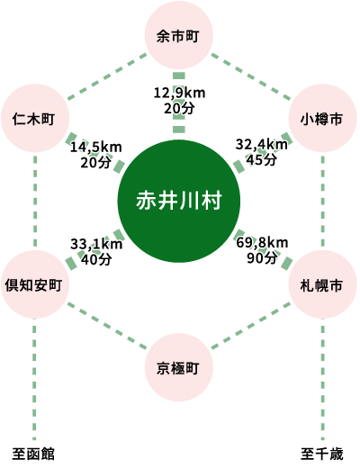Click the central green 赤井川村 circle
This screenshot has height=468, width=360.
(x=179, y=201)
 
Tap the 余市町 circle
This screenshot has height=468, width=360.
(x=179, y=35)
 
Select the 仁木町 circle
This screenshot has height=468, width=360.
(x=35, y=118)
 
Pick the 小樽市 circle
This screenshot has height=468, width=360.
(x=322, y=118)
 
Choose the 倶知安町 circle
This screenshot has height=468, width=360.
(x=35, y=284)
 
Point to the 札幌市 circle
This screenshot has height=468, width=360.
(x=322, y=284)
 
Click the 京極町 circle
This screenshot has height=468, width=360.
(x=179, y=367)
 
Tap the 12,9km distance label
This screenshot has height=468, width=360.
(x=179, y=93)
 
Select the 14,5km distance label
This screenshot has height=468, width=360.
(x=96, y=148)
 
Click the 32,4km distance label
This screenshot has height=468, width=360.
(x=262, y=145)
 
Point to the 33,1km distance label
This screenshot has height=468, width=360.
(x=96, y=244)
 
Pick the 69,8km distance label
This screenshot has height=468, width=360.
(x=262, y=242)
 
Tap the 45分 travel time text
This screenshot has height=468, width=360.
(x=262, y=160)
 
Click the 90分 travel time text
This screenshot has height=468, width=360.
(x=262, y=258)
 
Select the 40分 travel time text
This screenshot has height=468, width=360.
(x=96, y=259)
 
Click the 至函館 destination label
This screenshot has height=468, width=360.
(x=33, y=454)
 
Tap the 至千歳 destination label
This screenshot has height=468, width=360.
(x=322, y=454)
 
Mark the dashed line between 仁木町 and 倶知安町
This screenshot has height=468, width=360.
(x=35, y=201)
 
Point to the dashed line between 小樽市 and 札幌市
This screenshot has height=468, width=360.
(x=322, y=201)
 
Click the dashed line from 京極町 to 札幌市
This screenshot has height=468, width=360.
(x=250, y=326)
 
